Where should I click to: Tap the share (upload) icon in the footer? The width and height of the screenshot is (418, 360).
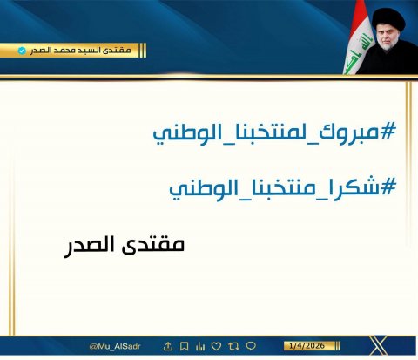tap(168, 345)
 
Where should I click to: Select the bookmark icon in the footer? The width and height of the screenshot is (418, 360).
tap(185, 345)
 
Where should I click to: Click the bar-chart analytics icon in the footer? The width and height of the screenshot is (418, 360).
tap(201, 345)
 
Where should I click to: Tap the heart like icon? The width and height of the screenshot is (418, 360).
tap(218, 345)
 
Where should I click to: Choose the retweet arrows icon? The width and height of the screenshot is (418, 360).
tap(234, 345)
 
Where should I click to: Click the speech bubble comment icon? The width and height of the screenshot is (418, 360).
tap(251, 345)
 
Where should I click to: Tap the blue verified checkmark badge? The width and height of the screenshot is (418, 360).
tap(23, 51)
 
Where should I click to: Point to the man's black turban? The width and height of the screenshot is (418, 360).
tap(383, 17)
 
